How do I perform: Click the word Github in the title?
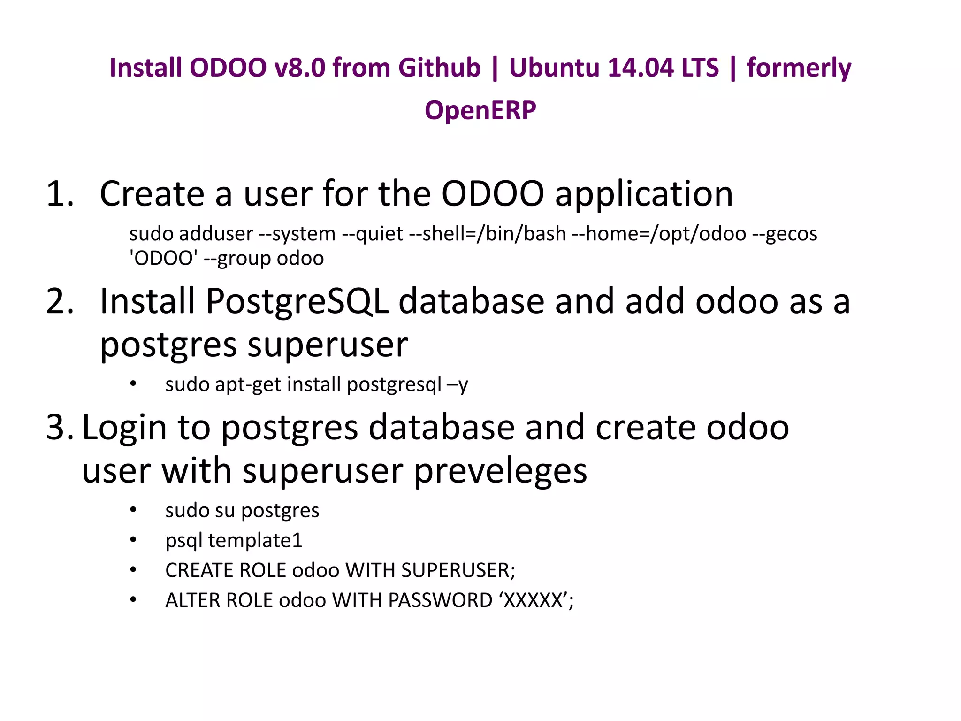[439, 68]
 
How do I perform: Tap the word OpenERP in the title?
[480, 111]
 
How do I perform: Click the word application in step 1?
[644, 194]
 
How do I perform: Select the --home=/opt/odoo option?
[659, 234]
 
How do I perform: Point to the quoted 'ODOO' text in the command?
[163, 258]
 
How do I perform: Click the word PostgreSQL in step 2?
[297, 301]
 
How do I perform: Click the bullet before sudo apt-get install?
[133, 384]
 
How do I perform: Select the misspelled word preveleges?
[500, 471]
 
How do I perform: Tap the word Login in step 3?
[124, 428]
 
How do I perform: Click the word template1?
[255, 541]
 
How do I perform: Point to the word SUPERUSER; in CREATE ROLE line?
[458, 570]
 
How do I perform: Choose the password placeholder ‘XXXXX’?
[533, 600]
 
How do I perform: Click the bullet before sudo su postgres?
[133, 510]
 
